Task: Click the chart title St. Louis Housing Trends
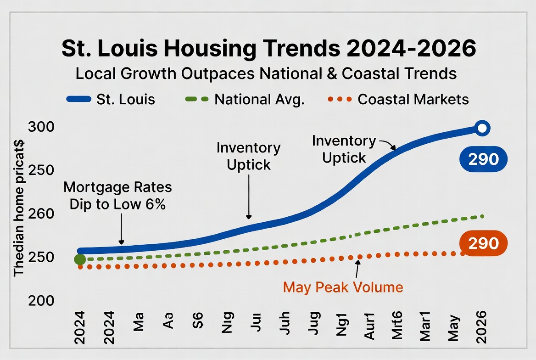268,50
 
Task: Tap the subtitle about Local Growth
266,73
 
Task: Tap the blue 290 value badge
483,159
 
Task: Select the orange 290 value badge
483,242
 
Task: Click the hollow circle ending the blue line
482,128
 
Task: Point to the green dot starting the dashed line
80,259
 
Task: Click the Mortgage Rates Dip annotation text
117,196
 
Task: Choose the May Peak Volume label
343,287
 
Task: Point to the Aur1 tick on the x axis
369,327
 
